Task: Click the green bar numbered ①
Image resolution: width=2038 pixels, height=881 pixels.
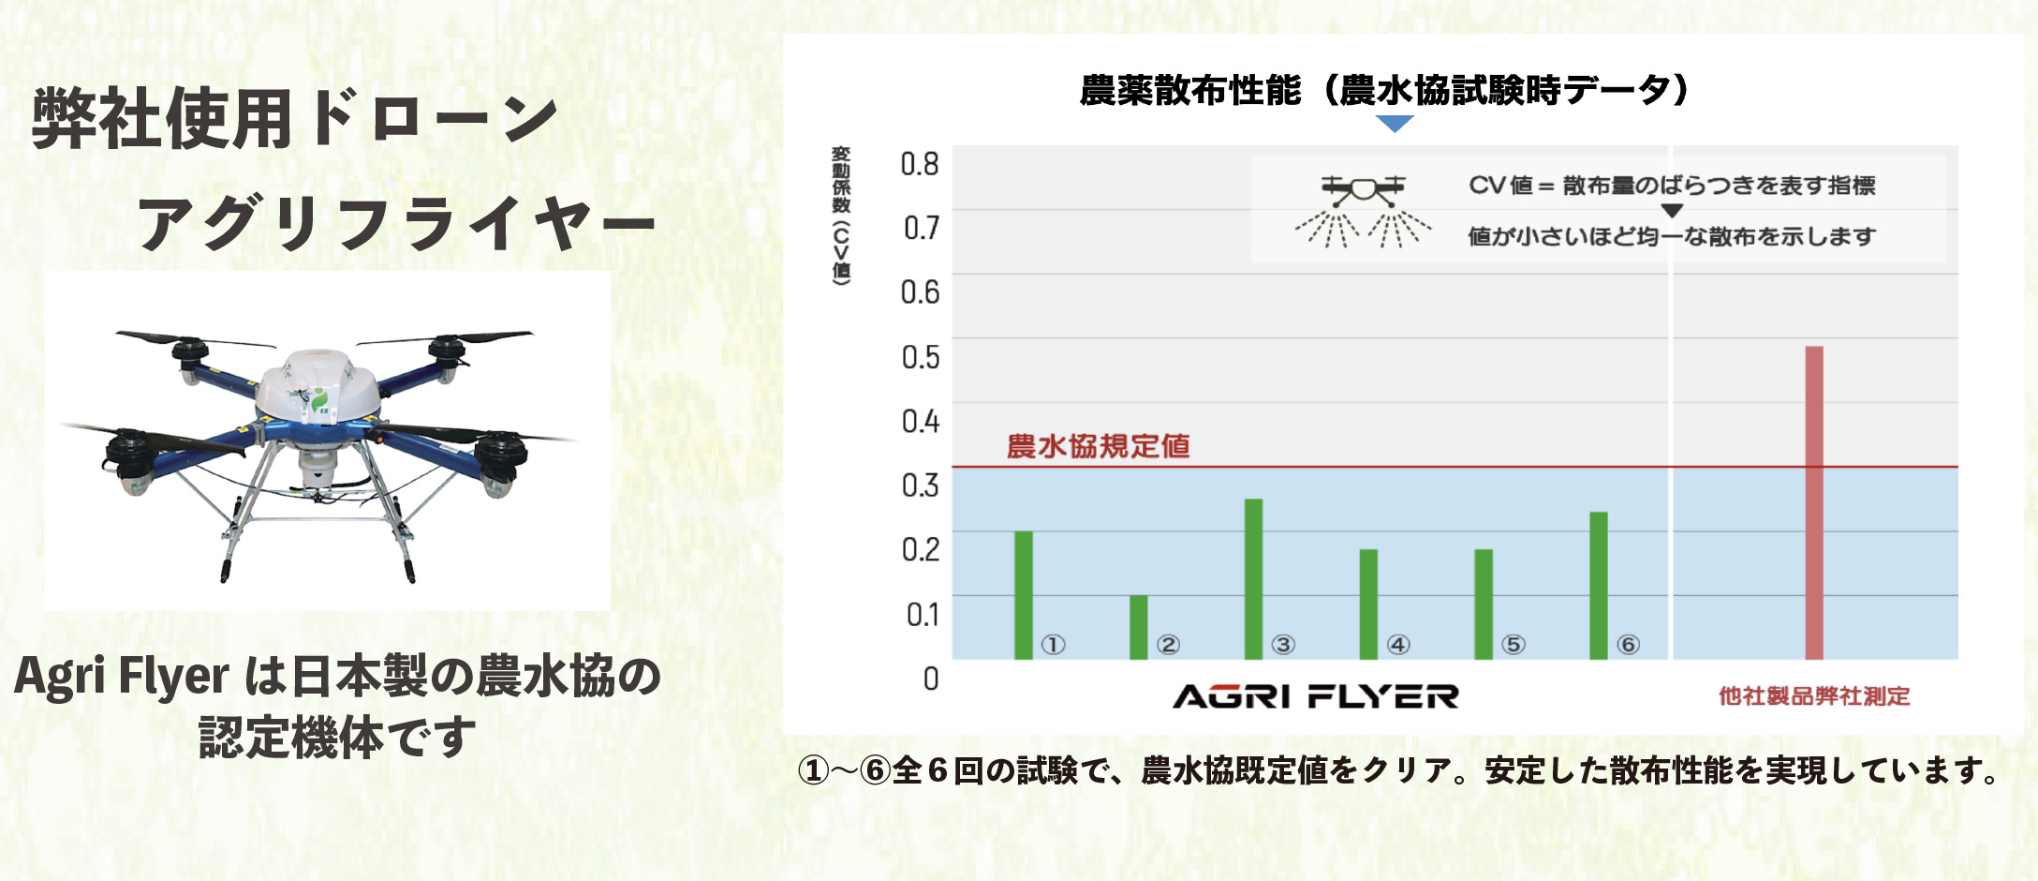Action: [1024, 595]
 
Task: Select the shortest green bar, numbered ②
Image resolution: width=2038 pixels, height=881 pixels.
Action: [1139, 627]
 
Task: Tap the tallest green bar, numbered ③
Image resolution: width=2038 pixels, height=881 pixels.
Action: [1253, 579]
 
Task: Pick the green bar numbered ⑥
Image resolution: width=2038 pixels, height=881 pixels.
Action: [1599, 586]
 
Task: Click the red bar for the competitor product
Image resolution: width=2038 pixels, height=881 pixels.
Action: [1814, 503]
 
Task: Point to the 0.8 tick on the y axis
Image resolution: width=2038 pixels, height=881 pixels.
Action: [920, 164]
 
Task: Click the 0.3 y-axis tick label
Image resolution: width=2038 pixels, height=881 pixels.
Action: [920, 485]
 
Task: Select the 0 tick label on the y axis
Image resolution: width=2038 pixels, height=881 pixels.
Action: [931, 679]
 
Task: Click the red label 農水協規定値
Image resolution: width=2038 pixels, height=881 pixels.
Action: [1098, 446]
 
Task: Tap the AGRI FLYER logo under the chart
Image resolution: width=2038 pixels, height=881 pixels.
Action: [1316, 696]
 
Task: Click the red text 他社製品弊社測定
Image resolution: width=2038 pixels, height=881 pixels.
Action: [1814, 696]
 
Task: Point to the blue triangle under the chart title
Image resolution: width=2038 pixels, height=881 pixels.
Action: [1395, 124]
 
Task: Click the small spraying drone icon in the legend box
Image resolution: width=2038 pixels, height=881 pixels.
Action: [1363, 211]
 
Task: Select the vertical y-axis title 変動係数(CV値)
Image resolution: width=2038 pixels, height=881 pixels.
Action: [841, 216]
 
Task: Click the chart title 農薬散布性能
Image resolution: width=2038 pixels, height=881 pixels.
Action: [1190, 91]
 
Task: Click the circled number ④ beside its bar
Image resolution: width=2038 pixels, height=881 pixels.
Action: [1398, 645]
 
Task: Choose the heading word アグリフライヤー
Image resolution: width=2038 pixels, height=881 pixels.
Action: [397, 225]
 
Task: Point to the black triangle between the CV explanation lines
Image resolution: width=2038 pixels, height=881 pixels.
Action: [1672, 211]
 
